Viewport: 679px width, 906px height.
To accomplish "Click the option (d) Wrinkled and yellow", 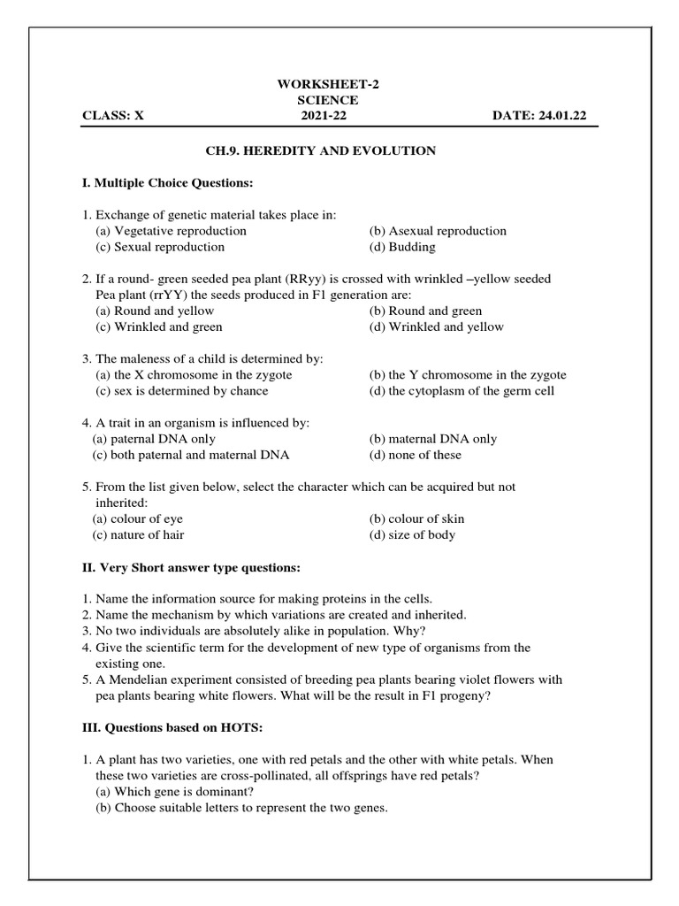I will tap(437, 326).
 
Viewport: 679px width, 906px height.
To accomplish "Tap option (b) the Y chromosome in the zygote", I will tap(468, 374).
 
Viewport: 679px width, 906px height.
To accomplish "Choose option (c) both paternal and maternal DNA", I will tap(191, 455).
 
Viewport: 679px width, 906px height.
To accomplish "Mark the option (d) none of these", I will tap(416, 455).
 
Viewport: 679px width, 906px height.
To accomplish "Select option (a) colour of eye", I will tap(138, 518).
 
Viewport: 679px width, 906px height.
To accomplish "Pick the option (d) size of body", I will tap(413, 534).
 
